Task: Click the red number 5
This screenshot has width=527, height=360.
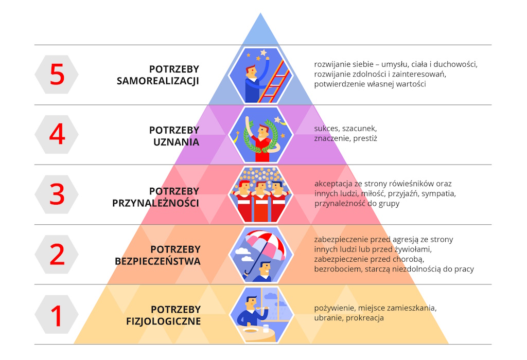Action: (x=57, y=75)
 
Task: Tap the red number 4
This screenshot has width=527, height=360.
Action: (x=57, y=135)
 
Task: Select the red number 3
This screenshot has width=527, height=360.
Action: (x=57, y=194)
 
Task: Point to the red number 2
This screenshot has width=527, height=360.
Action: (x=57, y=255)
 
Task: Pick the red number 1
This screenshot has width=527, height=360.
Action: (x=57, y=315)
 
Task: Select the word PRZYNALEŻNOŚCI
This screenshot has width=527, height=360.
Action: (x=155, y=203)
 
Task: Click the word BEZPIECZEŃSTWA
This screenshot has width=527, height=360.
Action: (x=157, y=262)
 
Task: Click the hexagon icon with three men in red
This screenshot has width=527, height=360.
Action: (x=260, y=194)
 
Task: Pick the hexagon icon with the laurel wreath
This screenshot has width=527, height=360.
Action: (x=260, y=135)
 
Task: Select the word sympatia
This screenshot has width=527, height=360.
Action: (x=438, y=194)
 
